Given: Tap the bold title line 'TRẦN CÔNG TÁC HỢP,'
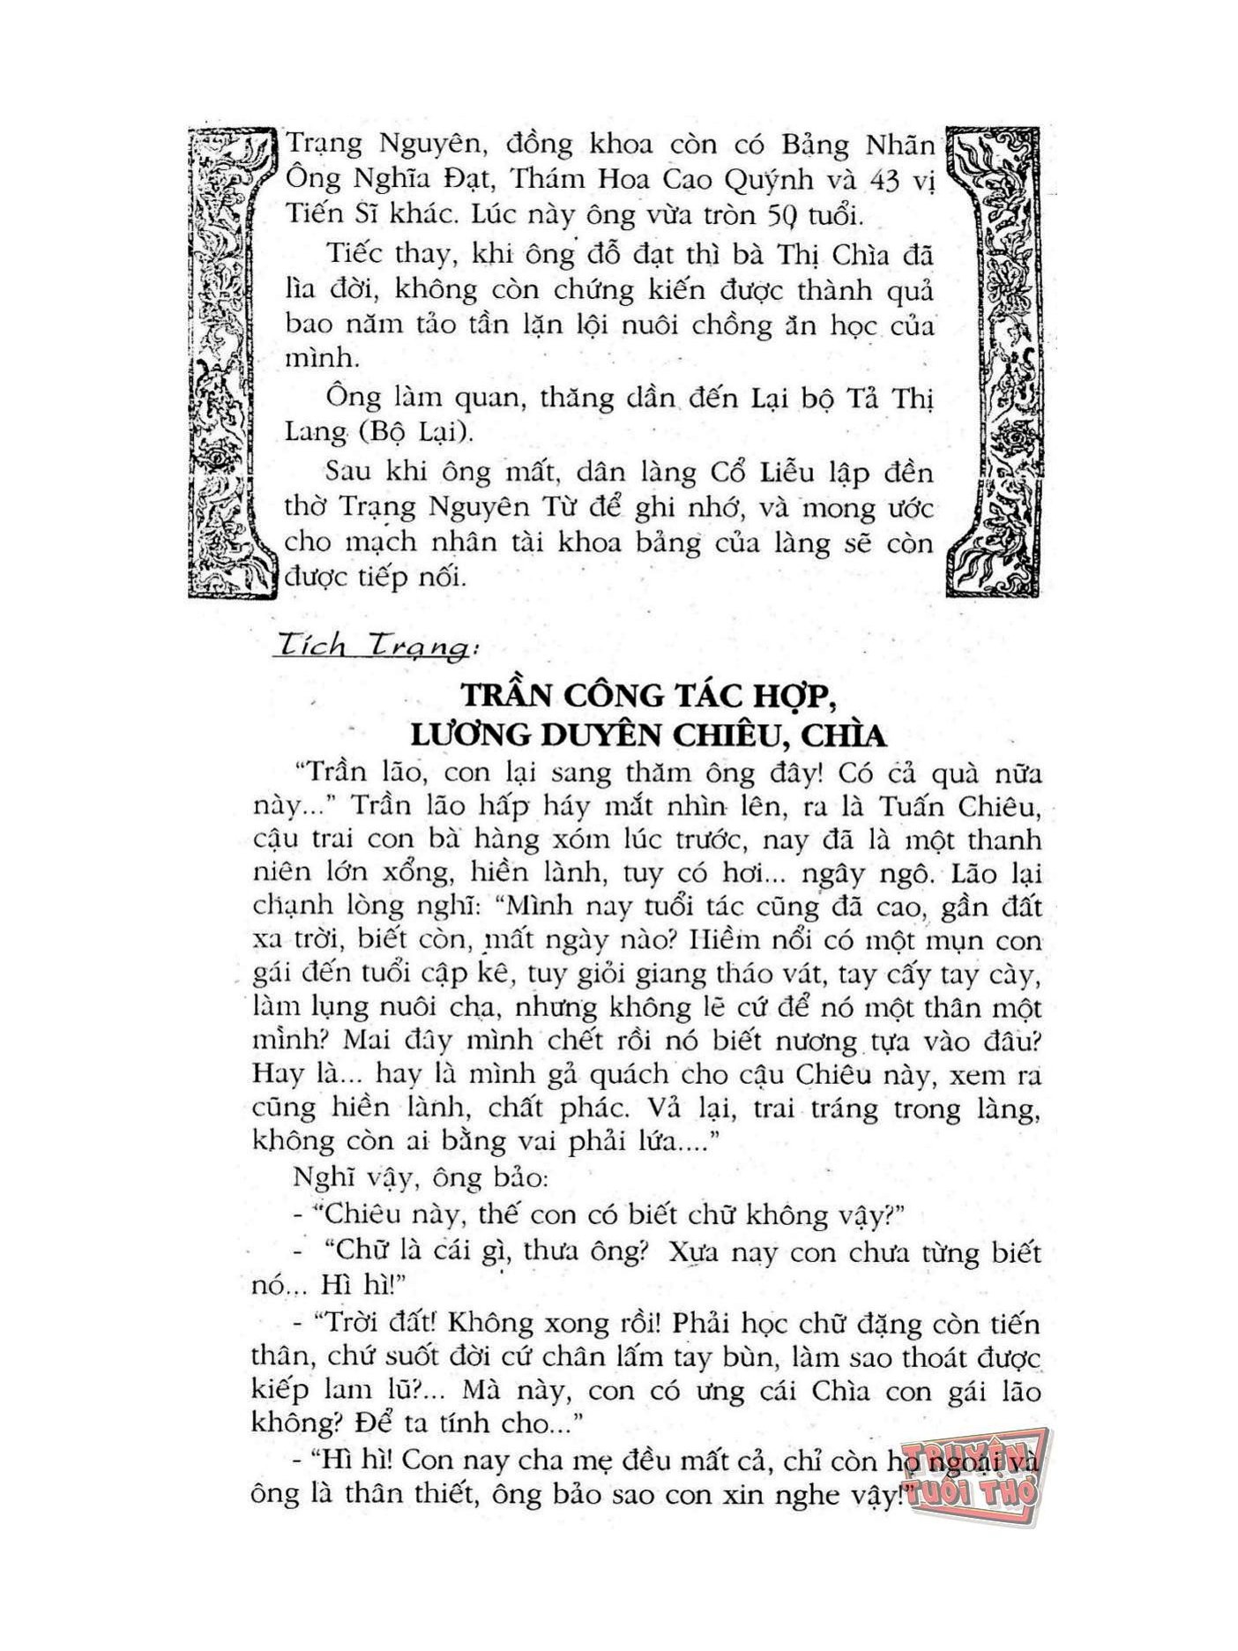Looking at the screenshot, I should pos(647,696).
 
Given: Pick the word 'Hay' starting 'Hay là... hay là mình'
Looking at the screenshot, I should pos(278,1074).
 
